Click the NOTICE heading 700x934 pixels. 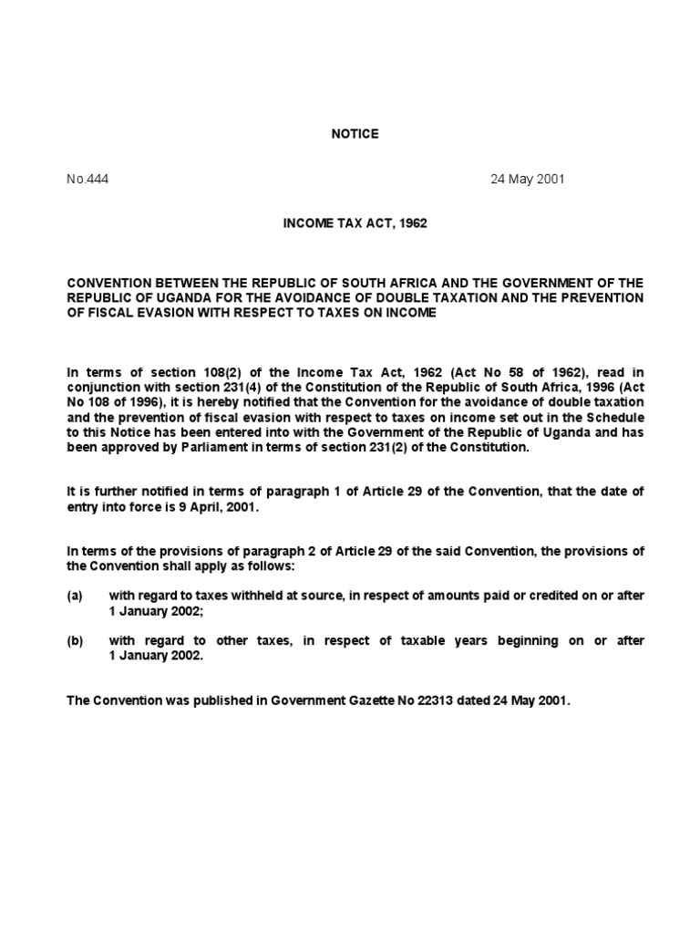(355, 134)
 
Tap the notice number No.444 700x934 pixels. (87, 179)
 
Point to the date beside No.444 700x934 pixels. (528, 179)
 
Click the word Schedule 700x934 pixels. (614, 417)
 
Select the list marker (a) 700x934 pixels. (75, 596)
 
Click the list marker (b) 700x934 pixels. (75, 641)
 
